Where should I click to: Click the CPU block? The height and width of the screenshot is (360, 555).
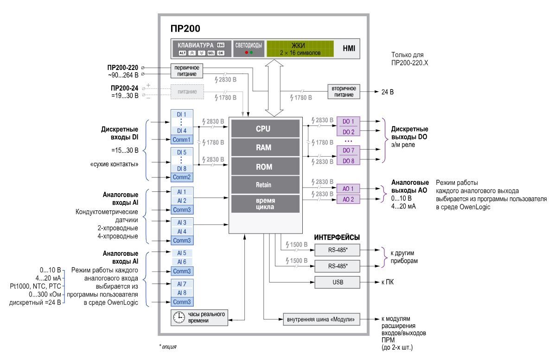263,129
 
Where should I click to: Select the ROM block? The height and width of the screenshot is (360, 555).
263,166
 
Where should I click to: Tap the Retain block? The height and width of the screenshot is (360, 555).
263,185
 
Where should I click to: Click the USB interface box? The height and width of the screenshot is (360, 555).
337,282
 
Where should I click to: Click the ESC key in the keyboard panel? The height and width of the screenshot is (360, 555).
221,45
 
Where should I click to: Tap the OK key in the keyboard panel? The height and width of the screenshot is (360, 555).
221,53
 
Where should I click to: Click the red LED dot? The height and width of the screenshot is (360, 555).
246,53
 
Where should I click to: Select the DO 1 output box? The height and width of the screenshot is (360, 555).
348,122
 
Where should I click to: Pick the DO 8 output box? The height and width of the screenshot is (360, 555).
348,160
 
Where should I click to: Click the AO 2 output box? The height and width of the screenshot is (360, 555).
348,199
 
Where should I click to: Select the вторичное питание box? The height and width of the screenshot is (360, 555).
343,91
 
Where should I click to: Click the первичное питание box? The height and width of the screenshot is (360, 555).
187,70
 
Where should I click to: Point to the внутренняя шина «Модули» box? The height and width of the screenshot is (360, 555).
322,320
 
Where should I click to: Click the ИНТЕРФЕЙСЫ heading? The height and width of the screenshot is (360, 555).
337,237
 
